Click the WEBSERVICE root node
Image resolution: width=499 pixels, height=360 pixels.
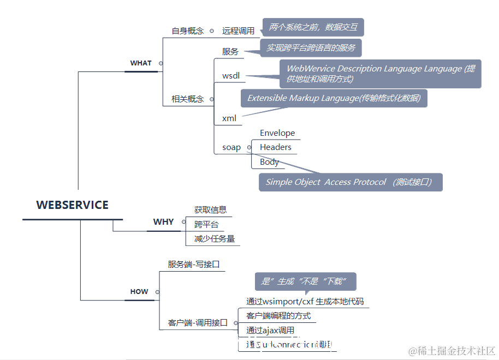click(x=72, y=205)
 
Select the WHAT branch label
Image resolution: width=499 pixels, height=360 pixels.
click(x=141, y=63)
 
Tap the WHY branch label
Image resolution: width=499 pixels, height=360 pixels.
click(x=163, y=222)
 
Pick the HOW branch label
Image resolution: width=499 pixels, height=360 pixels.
click(x=139, y=292)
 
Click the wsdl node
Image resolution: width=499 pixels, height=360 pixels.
click(x=231, y=76)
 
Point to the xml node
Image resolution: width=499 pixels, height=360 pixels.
click(x=229, y=118)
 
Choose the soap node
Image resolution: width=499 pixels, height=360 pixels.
click(x=231, y=147)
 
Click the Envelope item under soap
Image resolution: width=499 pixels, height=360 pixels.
click(x=277, y=133)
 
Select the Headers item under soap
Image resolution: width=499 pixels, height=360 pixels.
click(x=276, y=147)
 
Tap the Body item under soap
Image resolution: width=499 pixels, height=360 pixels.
click(x=269, y=162)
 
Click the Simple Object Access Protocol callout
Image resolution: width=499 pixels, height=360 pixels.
click(x=350, y=182)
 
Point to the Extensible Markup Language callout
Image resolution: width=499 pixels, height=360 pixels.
click(x=334, y=98)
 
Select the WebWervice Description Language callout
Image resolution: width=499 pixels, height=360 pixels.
click(x=381, y=74)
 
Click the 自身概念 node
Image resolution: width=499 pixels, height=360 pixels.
click(x=188, y=31)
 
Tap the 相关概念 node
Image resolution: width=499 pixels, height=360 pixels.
click(x=188, y=99)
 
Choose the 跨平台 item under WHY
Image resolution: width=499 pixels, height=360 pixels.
click(x=206, y=224)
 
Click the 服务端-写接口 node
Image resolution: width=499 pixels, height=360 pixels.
click(x=194, y=265)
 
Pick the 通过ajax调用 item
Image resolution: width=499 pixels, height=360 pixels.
click(x=270, y=330)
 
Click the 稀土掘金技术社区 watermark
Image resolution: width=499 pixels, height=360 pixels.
click(x=452, y=350)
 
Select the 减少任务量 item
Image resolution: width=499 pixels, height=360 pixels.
click(x=215, y=239)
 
